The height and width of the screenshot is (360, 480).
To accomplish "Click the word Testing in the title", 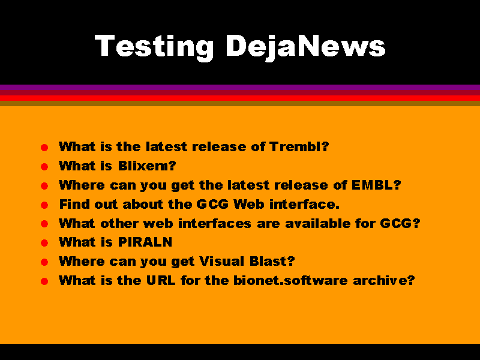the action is (154, 47).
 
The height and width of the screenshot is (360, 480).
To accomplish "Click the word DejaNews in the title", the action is (305, 47).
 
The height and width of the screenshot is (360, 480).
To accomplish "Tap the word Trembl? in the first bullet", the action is (299, 146).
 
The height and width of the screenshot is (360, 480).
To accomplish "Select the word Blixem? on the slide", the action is (147, 166).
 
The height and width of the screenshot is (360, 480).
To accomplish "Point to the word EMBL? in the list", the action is (376, 185).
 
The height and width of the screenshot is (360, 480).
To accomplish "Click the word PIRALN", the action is (145, 242).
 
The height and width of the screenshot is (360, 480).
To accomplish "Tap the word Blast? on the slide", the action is (272, 262).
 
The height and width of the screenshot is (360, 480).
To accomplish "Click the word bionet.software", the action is (290, 280).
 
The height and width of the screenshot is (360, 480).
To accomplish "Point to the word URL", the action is (161, 280).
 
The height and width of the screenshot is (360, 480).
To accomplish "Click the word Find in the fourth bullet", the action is (74, 204).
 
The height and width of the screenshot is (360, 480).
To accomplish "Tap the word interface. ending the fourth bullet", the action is (304, 204).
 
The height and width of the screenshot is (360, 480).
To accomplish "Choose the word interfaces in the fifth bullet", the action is (215, 223).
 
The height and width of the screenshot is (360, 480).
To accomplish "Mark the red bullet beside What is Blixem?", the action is (44, 167).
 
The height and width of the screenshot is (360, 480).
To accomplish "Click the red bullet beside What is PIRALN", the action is (44, 243).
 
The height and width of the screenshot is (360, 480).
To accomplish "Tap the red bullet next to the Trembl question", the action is (44, 148).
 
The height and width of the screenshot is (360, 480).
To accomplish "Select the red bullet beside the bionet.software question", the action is (44, 281).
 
